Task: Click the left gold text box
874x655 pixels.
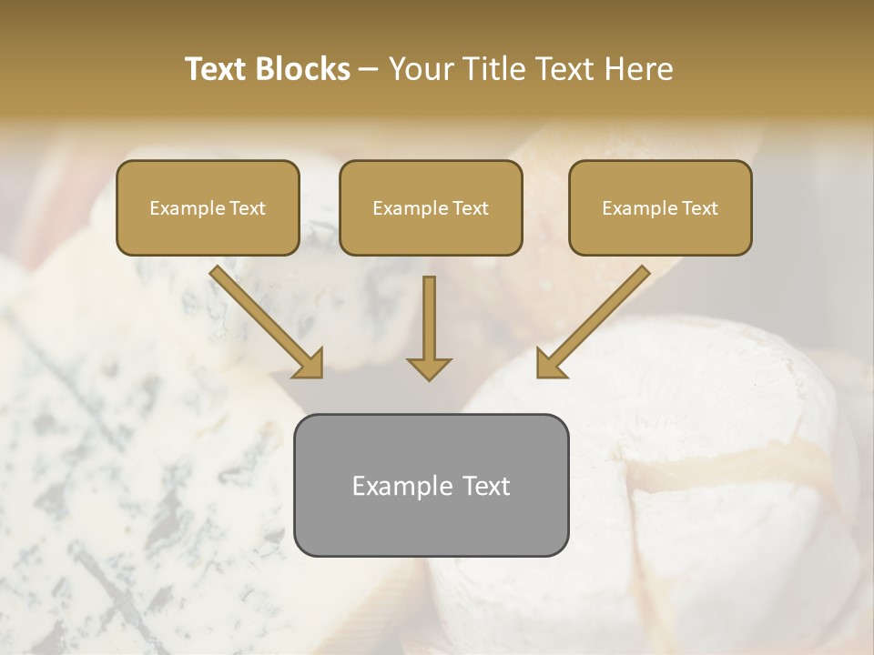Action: coord(208,207)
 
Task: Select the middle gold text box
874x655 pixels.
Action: coord(431,207)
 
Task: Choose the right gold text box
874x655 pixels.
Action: coord(660,207)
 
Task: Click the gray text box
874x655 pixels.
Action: coord(431,485)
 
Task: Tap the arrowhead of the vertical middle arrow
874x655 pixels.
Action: coord(429,368)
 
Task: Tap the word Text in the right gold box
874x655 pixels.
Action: coord(699,208)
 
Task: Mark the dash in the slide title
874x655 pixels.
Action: coord(369,70)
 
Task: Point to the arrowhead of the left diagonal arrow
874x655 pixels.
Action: coord(310,364)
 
